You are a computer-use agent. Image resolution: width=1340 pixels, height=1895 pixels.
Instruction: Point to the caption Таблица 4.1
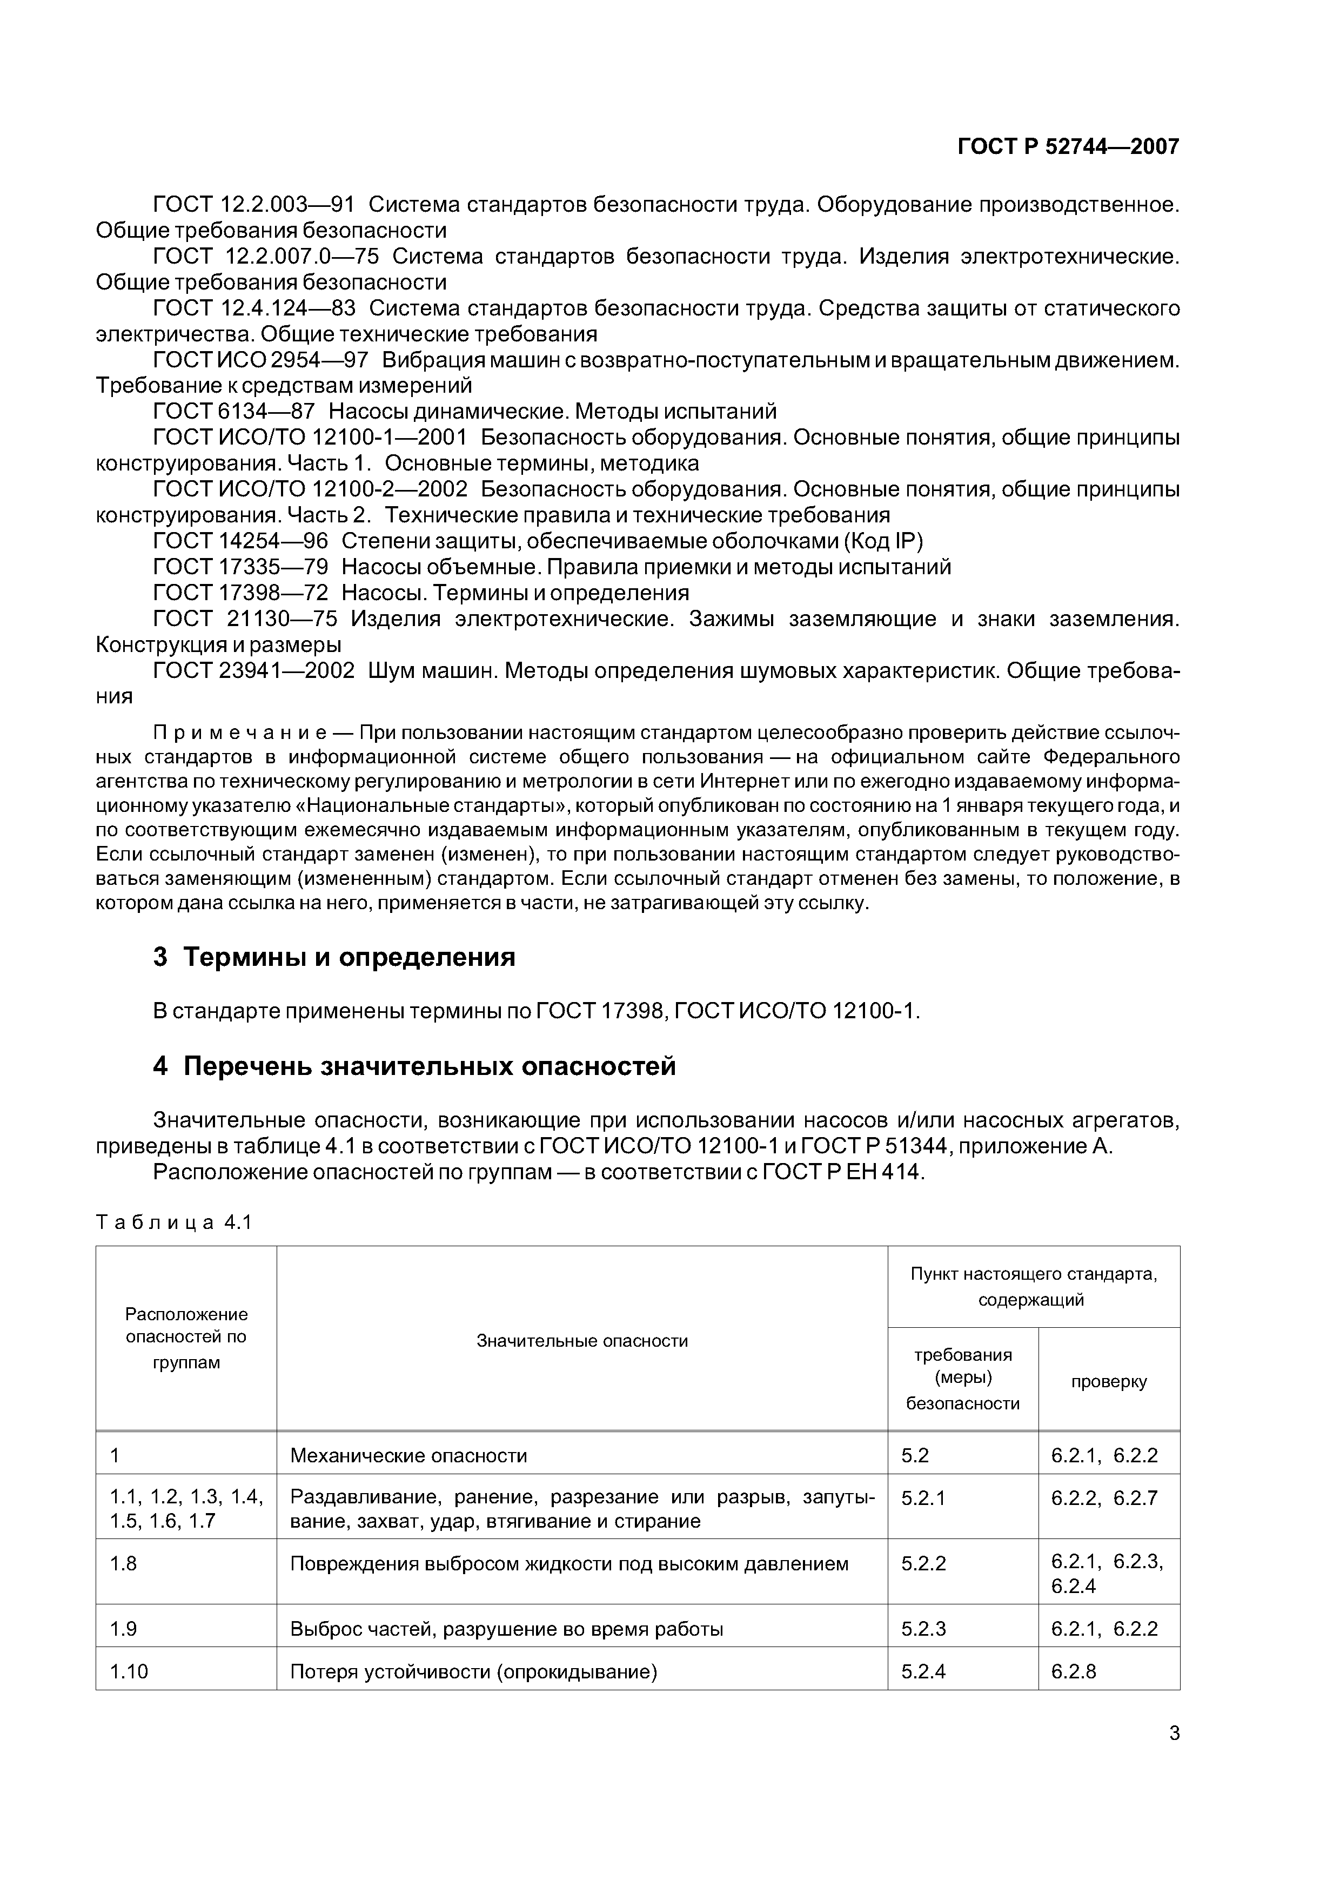click(173, 1222)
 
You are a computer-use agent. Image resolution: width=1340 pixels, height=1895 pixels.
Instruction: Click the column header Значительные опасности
click(582, 1341)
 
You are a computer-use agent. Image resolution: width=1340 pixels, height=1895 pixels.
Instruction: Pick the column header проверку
click(1108, 1382)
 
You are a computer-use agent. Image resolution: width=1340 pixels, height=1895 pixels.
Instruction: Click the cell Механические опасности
click(408, 1455)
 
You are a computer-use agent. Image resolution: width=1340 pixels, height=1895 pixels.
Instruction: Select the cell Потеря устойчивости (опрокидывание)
click(473, 1671)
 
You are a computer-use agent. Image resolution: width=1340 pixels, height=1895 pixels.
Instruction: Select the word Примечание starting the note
click(241, 733)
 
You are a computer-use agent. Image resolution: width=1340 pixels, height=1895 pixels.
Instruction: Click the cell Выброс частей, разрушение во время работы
click(506, 1628)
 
